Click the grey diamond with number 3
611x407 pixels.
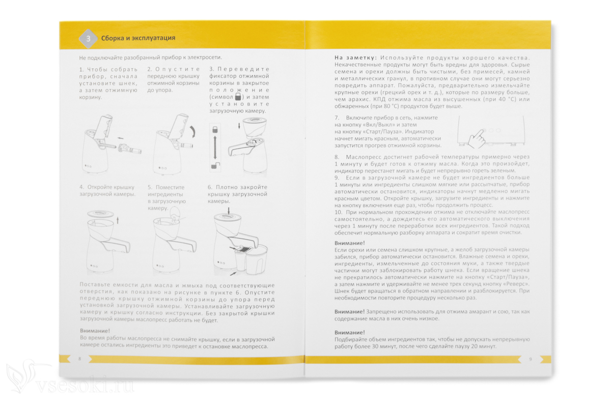88,39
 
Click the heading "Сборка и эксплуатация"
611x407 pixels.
138,38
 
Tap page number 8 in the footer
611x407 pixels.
79,359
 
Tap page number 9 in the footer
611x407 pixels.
530,359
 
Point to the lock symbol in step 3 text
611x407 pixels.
238,97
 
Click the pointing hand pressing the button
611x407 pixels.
477,139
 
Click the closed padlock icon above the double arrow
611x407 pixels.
215,130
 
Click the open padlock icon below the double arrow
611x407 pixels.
215,166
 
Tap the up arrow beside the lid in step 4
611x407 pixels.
118,220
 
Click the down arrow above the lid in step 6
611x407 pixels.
229,211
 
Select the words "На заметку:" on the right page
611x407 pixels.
356,58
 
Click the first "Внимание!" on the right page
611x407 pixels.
349,243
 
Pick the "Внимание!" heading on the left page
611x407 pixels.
95,331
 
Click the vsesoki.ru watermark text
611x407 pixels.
85,386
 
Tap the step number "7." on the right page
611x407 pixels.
337,118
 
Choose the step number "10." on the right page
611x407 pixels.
338,212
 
